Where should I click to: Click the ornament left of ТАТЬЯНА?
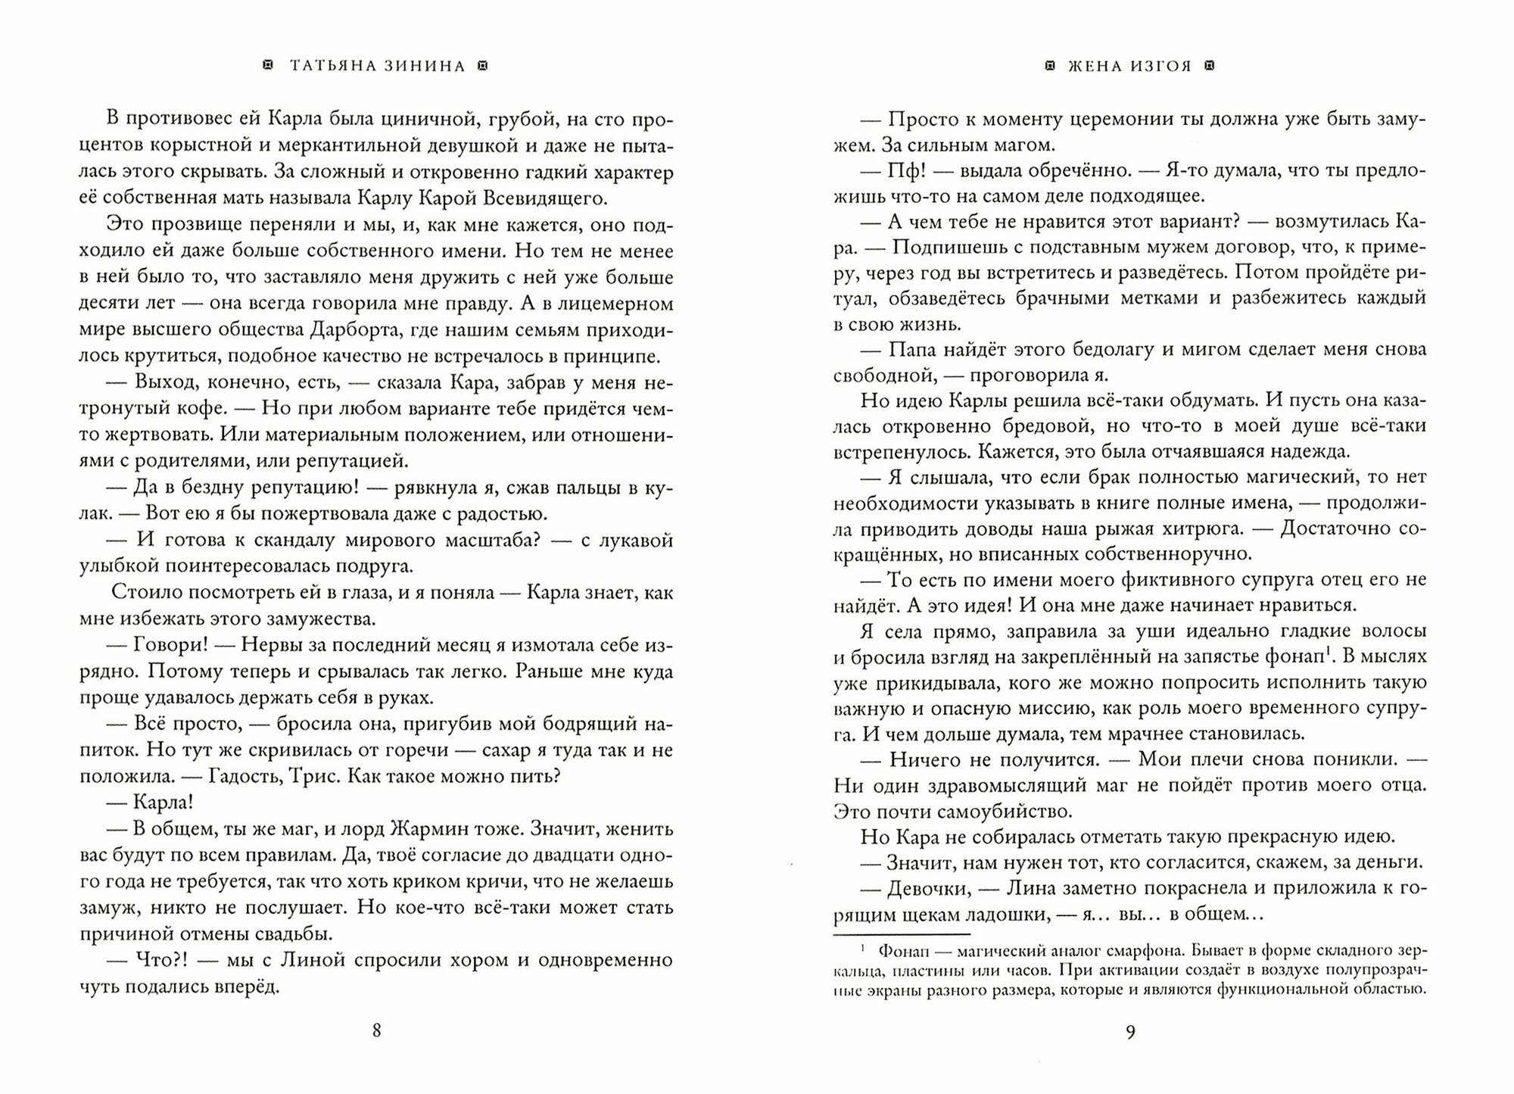[x=266, y=66]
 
